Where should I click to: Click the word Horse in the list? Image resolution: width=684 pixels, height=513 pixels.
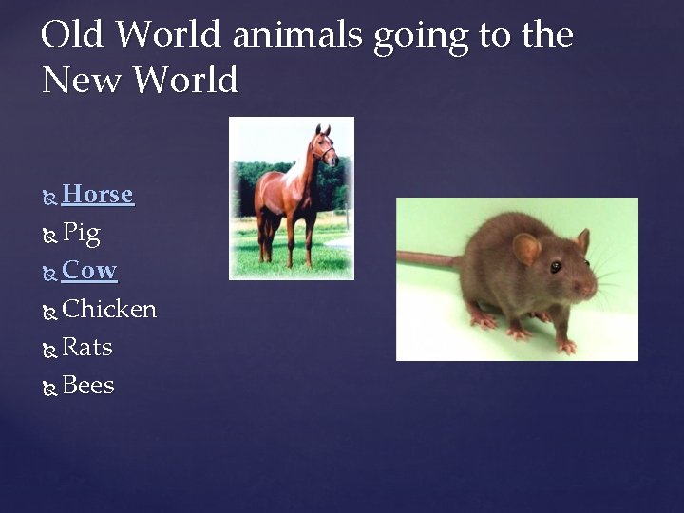[x=97, y=195]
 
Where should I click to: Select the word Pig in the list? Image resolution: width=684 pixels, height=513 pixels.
[x=81, y=233]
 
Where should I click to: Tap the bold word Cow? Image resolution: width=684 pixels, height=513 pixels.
[x=89, y=271]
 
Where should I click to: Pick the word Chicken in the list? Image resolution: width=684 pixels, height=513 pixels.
[x=109, y=310]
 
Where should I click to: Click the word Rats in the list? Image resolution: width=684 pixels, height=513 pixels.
[x=87, y=348]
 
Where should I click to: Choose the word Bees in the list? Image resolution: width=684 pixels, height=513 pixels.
[x=87, y=386]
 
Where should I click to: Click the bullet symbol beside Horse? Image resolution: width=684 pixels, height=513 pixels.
[x=50, y=197]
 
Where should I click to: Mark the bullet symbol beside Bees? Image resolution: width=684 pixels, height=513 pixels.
[x=50, y=388]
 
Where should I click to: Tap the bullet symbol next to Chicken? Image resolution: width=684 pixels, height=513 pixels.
[x=50, y=312]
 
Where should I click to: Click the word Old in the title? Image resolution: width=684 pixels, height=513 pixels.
[x=73, y=35]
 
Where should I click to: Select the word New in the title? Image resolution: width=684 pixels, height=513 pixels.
[x=81, y=81]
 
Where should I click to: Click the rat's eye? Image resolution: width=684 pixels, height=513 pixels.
[x=555, y=267]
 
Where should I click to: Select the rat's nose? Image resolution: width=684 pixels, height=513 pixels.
[x=593, y=284]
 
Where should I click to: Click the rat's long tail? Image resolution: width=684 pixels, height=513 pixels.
[x=427, y=258]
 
